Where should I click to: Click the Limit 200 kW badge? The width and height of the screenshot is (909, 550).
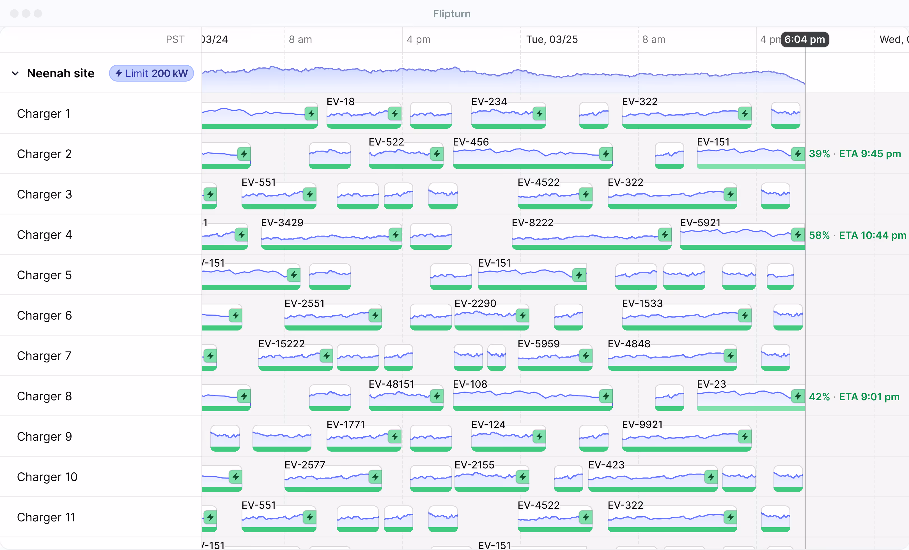pyautogui.click(x=151, y=73)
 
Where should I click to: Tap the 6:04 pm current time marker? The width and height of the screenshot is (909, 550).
pyautogui.click(x=805, y=40)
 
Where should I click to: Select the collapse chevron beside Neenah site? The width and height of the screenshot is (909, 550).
pyautogui.click(x=15, y=73)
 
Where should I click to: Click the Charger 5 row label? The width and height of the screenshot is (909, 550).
pyautogui.click(x=44, y=275)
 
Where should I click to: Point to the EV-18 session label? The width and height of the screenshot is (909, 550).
pyautogui.click(x=340, y=101)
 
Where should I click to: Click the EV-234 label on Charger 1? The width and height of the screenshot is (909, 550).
pyautogui.click(x=489, y=101)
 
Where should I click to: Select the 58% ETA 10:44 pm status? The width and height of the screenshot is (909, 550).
pyautogui.click(x=857, y=235)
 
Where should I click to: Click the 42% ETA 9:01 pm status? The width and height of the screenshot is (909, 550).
pyautogui.click(x=854, y=397)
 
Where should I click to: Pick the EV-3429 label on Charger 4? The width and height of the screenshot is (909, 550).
pyautogui.click(x=282, y=223)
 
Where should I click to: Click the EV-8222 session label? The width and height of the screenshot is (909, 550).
pyautogui.click(x=532, y=223)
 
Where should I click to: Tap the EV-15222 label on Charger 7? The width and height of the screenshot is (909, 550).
pyautogui.click(x=281, y=344)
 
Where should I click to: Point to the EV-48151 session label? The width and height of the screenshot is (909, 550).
pyautogui.click(x=391, y=384)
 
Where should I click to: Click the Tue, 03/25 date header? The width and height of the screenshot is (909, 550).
pyautogui.click(x=552, y=40)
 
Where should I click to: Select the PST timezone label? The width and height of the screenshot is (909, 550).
pyautogui.click(x=175, y=40)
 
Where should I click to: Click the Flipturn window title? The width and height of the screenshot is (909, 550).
pyautogui.click(x=451, y=14)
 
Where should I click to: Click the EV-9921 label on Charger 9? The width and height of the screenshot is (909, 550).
pyautogui.click(x=642, y=424)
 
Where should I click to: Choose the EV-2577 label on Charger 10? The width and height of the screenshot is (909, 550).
pyautogui.click(x=305, y=465)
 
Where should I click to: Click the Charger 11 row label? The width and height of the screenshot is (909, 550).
pyautogui.click(x=46, y=517)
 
